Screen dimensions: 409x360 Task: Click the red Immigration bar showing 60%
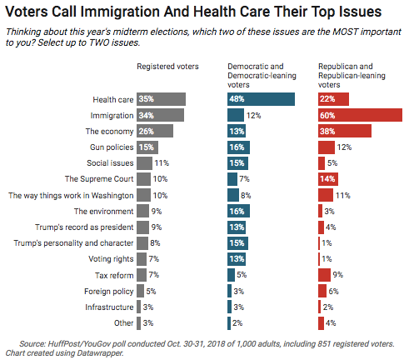point(360,115)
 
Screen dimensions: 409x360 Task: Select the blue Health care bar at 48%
point(261,99)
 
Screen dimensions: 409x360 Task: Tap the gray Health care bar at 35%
point(161,99)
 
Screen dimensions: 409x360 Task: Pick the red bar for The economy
point(345,131)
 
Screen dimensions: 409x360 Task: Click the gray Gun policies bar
point(147,147)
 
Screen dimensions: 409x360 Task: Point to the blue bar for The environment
point(238,211)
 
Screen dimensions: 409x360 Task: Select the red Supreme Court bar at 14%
point(328,179)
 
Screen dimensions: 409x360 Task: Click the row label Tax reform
point(114,275)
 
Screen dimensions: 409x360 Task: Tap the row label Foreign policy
point(109,292)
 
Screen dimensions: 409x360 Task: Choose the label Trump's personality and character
point(73,243)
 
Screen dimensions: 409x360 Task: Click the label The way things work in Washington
point(71,195)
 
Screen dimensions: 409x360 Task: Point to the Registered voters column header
point(167,67)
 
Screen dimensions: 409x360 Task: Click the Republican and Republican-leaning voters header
point(352,75)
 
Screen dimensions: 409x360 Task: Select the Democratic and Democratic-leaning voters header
point(262,75)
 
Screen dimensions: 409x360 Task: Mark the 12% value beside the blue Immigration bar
point(254,116)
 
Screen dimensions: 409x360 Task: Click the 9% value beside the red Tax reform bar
point(338,275)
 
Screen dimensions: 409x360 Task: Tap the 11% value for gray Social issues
point(162,163)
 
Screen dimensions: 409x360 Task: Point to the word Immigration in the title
point(120,12)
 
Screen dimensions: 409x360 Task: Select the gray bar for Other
point(138,323)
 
